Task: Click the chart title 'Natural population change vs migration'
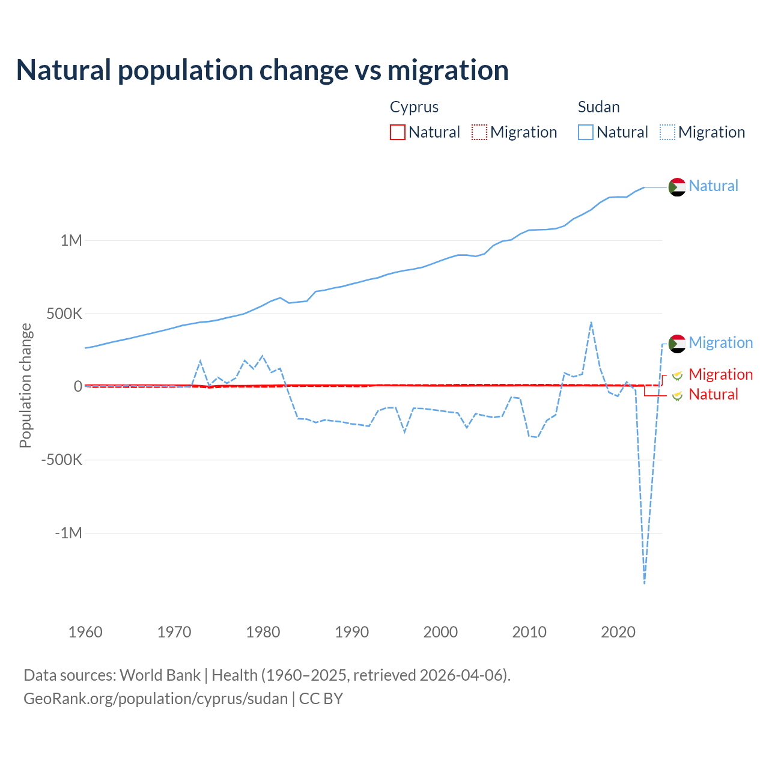point(263,70)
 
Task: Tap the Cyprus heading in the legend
point(414,107)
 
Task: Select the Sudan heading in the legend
point(598,107)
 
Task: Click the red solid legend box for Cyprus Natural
point(398,132)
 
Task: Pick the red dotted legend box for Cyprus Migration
point(479,132)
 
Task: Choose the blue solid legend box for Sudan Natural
point(586,132)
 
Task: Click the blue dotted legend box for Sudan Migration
point(667,132)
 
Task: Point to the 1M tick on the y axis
point(71,240)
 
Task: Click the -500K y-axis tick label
point(61,460)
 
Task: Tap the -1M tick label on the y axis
point(68,533)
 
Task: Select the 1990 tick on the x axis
point(352,632)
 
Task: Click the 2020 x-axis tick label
point(618,632)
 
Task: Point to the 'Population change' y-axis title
point(25,385)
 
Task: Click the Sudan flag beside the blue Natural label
point(677,187)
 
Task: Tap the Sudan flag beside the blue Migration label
point(677,344)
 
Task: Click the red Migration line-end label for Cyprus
point(720,374)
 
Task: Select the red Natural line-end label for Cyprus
point(713,394)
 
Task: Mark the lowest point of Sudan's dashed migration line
point(645,583)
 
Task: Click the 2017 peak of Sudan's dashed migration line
point(591,322)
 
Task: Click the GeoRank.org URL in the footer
point(156,699)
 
